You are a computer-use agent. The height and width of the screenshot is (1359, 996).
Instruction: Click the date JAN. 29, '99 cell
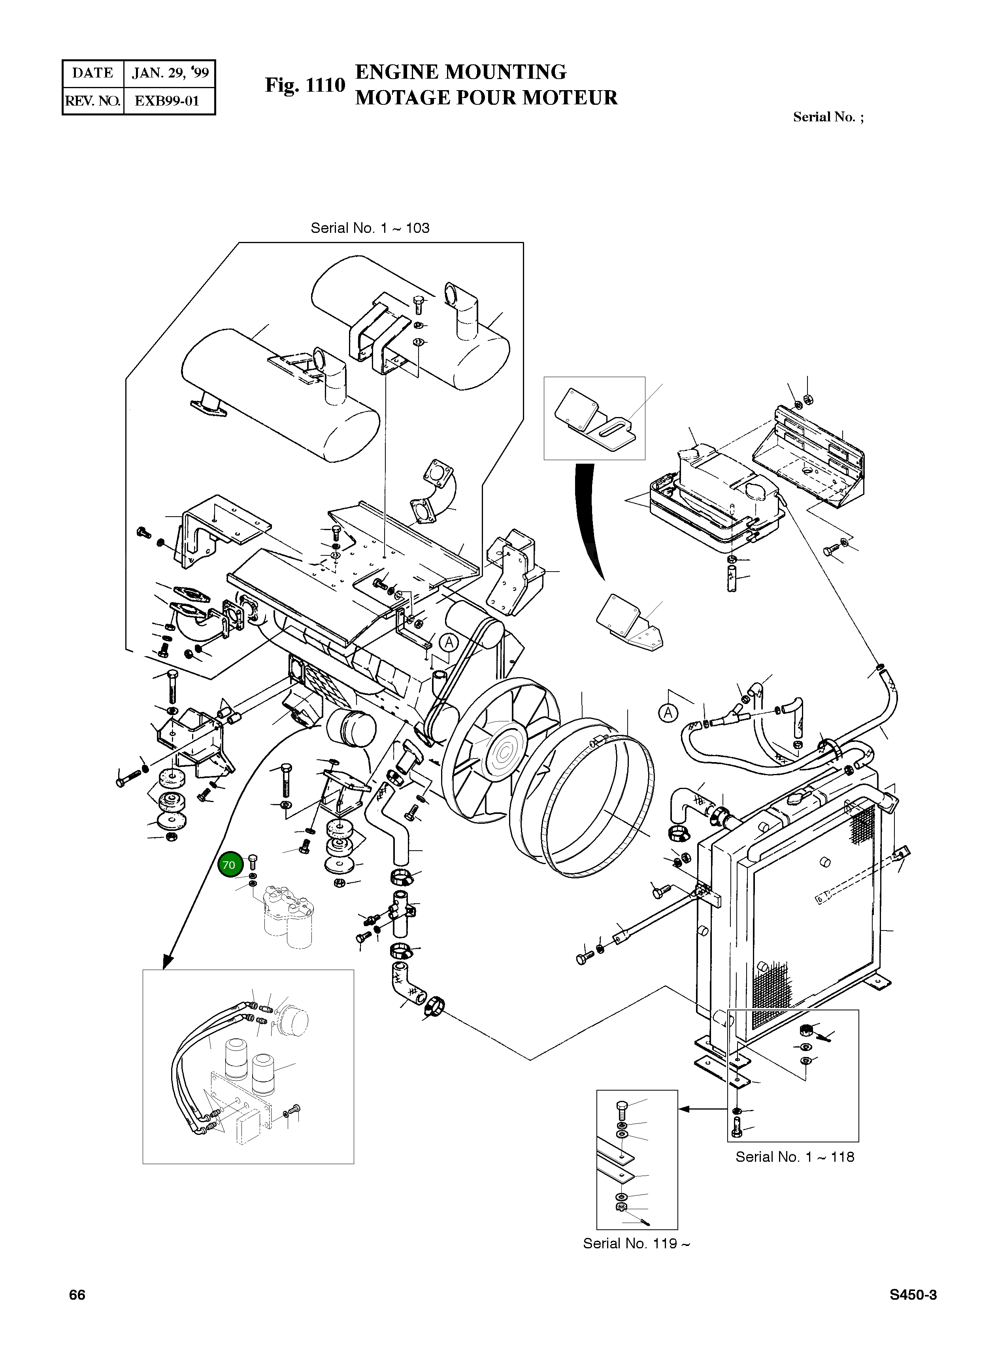coord(170,74)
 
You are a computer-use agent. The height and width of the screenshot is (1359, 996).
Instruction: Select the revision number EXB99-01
coord(167,101)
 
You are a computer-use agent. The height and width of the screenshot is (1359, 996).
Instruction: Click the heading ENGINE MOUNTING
coord(460,72)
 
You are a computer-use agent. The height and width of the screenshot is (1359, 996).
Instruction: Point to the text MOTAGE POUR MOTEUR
coord(486,98)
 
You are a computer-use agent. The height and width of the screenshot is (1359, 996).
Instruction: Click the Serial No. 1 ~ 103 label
coord(370,228)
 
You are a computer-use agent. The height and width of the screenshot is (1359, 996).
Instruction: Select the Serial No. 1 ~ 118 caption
coord(795,1157)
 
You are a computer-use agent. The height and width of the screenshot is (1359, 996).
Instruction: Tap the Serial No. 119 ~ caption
coord(636,1243)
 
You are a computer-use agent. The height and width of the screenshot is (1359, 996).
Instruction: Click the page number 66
coord(77,1295)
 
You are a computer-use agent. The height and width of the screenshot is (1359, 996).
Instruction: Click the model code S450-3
coord(913,1295)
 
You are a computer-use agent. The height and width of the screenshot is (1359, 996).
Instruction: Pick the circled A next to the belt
coord(449,643)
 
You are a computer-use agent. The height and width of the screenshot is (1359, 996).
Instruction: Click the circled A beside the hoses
coord(668,713)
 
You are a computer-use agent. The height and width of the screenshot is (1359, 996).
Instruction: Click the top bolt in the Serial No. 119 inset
coord(623,1108)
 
